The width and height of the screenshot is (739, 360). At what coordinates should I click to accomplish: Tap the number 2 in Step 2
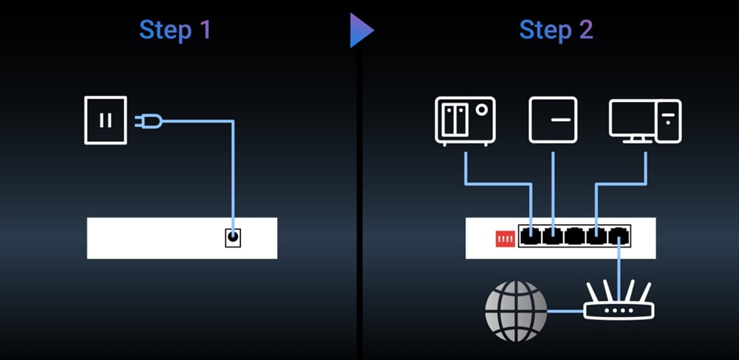coord(586,30)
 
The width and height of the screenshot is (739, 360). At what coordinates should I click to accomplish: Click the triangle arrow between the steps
coord(361,30)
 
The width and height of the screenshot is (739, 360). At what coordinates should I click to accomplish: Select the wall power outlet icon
coord(105,120)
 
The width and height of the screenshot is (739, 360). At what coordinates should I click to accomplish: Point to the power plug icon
coord(144,120)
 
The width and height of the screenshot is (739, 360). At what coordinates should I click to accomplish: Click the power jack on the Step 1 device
coord(233,237)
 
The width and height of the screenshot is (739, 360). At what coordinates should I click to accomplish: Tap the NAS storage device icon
coord(465,120)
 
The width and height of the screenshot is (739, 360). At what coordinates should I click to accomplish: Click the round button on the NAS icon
coord(482,109)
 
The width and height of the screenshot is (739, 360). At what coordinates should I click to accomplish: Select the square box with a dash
coord(553,120)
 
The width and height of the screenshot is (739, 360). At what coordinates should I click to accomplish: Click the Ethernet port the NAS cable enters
coord(531,237)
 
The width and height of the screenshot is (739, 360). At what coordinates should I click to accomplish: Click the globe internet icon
coord(517,310)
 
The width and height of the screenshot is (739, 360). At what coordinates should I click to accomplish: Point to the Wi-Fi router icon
coord(619,303)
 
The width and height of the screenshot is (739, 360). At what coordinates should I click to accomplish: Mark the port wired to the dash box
coord(553,237)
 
